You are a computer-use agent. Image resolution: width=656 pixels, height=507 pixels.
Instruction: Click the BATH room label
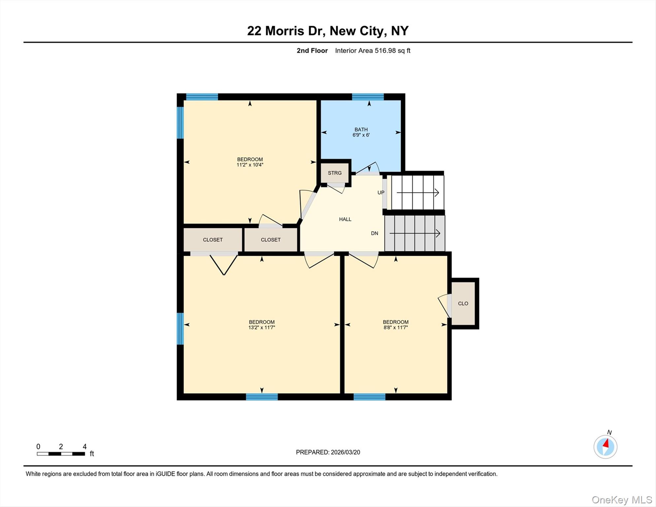pos(361,130)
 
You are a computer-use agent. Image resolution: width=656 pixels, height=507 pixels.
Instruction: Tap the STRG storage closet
pos(335,173)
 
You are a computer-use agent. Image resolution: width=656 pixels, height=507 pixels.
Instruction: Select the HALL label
pos(345,219)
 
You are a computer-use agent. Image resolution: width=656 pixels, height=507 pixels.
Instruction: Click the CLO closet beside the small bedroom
pos(463,303)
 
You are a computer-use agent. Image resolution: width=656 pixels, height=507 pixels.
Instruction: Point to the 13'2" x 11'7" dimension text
pos(262,328)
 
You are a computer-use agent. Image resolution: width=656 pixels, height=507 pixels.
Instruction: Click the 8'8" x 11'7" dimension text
pos(396,328)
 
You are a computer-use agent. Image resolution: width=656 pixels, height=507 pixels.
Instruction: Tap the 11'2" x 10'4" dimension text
pos(250,165)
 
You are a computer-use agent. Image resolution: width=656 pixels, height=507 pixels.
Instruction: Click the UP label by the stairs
pos(381,193)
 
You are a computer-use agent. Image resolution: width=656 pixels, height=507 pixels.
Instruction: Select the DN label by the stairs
pos(375,233)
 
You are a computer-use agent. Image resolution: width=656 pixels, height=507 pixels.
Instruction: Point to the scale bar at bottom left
pos(61,454)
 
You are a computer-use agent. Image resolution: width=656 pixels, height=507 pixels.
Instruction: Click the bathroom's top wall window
pos(368,97)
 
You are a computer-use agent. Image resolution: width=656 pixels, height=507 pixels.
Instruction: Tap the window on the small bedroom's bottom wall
pos(369,397)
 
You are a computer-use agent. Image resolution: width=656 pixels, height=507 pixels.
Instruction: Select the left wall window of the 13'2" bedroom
pos(180,329)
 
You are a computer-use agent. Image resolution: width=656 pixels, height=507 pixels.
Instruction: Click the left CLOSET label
pos(213,240)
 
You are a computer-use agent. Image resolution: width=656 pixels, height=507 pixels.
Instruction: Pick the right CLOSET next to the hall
pos(271,240)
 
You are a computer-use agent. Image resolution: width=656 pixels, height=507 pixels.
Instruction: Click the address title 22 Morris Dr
pos(328,31)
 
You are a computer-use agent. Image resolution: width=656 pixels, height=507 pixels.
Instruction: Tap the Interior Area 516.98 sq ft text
pos(373,51)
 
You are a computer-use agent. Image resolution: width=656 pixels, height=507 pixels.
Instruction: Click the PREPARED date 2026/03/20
pos(328,452)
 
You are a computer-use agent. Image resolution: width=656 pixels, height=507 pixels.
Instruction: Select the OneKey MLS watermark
pos(622,500)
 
